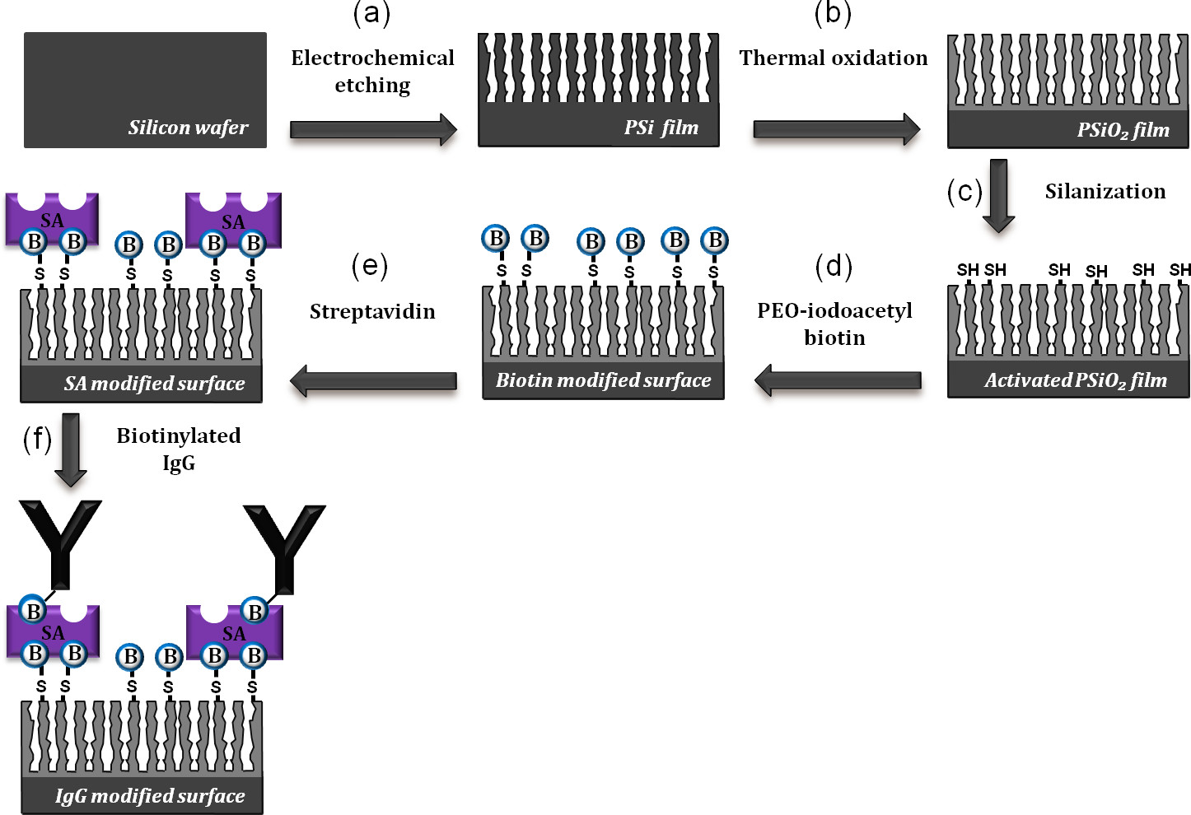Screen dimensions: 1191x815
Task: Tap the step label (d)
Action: point(834,266)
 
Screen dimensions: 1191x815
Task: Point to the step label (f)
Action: point(37,439)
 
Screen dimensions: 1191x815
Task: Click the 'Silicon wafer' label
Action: point(189,128)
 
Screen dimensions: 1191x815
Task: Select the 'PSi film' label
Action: point(661,128)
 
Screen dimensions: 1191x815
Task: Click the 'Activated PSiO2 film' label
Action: point(1076,380)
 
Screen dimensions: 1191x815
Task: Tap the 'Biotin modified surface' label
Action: point(604,380)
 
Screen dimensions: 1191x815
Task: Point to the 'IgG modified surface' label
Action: point(150,796)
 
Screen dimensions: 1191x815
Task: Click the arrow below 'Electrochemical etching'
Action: point(373,129)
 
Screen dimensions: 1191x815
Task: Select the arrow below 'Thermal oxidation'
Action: point(837,129)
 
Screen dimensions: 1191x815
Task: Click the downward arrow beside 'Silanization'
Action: point(998,195)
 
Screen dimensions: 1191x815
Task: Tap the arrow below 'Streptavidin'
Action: point(373,381)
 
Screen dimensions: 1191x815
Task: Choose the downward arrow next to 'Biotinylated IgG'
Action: point(71,450)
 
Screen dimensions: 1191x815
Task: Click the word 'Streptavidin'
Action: point(372,312)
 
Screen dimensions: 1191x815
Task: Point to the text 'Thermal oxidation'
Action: point(834,58)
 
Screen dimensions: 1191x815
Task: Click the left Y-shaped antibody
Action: point(60,544)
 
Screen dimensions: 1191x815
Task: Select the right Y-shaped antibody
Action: point(284,548)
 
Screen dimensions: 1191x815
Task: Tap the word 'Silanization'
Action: point(1105,191)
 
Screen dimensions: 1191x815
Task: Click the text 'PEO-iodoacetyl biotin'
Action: point(834,324)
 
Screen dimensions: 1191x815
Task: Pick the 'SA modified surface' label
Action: point(155,383)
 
